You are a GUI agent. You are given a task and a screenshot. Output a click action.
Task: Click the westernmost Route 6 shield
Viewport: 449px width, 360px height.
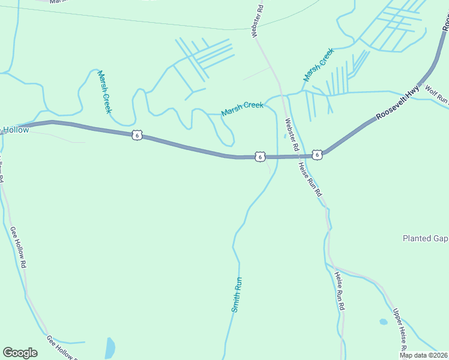[x=137, y=136]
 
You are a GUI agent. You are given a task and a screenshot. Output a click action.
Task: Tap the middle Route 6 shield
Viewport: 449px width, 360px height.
[x=259, y=157]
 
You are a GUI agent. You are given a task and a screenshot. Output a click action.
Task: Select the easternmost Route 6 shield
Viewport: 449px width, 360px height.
[x=318, y=155]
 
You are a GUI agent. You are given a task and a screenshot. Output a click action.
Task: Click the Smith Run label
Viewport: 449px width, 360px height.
[x=237, y=294]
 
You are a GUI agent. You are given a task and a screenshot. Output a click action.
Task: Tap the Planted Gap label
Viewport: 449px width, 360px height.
[x=425, y=238]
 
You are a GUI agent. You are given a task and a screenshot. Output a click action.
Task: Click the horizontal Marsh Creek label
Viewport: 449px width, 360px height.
[x=243, y=109]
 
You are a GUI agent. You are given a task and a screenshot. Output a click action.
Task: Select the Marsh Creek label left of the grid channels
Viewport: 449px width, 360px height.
[x=104, y=91]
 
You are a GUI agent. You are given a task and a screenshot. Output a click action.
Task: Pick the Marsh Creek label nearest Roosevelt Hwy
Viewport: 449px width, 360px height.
[x=318, y=65]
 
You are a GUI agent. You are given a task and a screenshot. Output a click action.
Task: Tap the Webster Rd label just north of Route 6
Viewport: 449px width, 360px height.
[x=291, y=134]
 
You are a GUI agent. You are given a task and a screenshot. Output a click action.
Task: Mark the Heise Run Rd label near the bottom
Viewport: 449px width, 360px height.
[x=340, y=291]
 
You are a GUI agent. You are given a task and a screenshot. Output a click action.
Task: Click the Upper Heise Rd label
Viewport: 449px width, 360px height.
[x=400, y=331]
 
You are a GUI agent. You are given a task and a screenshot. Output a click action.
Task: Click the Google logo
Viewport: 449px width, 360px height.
[x=20, y=353]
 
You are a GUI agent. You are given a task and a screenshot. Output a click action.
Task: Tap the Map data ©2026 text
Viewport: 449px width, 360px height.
[x=424, y=355]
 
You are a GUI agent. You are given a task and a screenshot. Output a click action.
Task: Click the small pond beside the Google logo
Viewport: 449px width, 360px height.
[x=110, y=348]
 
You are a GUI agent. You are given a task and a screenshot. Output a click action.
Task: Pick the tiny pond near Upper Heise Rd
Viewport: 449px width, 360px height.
[x=384, y=322]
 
